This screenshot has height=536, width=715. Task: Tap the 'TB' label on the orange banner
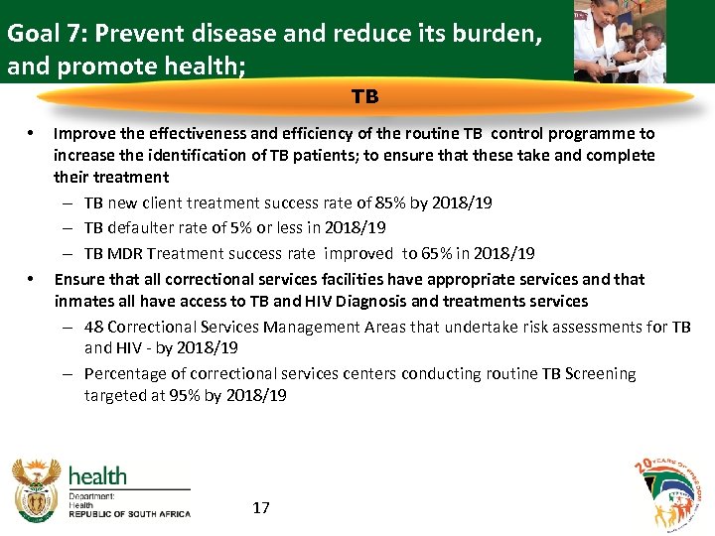[x=364, y=97]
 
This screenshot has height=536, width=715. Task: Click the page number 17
[x=261, y=508]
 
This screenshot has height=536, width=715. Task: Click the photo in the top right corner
[x=621, y=41]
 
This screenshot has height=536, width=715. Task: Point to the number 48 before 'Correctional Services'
[x=93, y=327]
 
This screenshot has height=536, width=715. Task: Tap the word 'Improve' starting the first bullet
[x=81, y=133]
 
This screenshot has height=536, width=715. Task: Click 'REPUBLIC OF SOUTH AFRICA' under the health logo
[x=129, y=513]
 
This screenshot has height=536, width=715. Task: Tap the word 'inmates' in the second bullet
[x=82, y=301]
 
